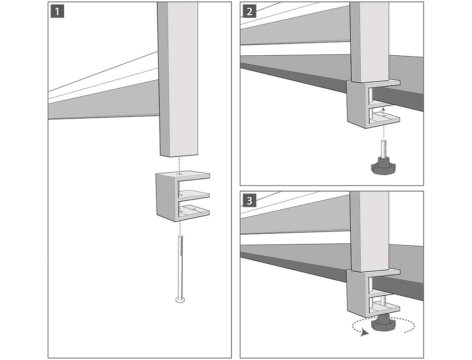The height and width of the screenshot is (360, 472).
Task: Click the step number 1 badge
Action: [57, 10]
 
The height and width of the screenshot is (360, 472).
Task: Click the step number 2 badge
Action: [249, 10]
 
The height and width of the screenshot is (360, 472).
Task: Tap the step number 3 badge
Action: [249, 200]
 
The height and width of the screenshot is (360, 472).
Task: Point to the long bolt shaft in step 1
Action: [180, 265]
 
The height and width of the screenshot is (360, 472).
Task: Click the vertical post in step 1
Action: [178, 80]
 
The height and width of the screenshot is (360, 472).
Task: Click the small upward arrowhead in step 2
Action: [384, 108]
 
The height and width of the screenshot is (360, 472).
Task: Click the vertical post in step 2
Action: [369, 43]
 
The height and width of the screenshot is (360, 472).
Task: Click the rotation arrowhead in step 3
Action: [363, 333]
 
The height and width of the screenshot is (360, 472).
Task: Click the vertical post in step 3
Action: [369, 231]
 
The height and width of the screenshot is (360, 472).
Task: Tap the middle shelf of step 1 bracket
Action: [194, 193]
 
